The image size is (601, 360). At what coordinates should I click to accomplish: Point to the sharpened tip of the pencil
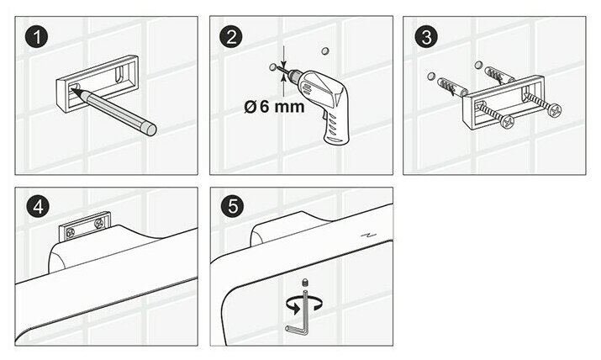(x=75, y=93)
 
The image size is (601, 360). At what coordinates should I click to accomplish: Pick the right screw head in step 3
(x=554, y=111)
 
